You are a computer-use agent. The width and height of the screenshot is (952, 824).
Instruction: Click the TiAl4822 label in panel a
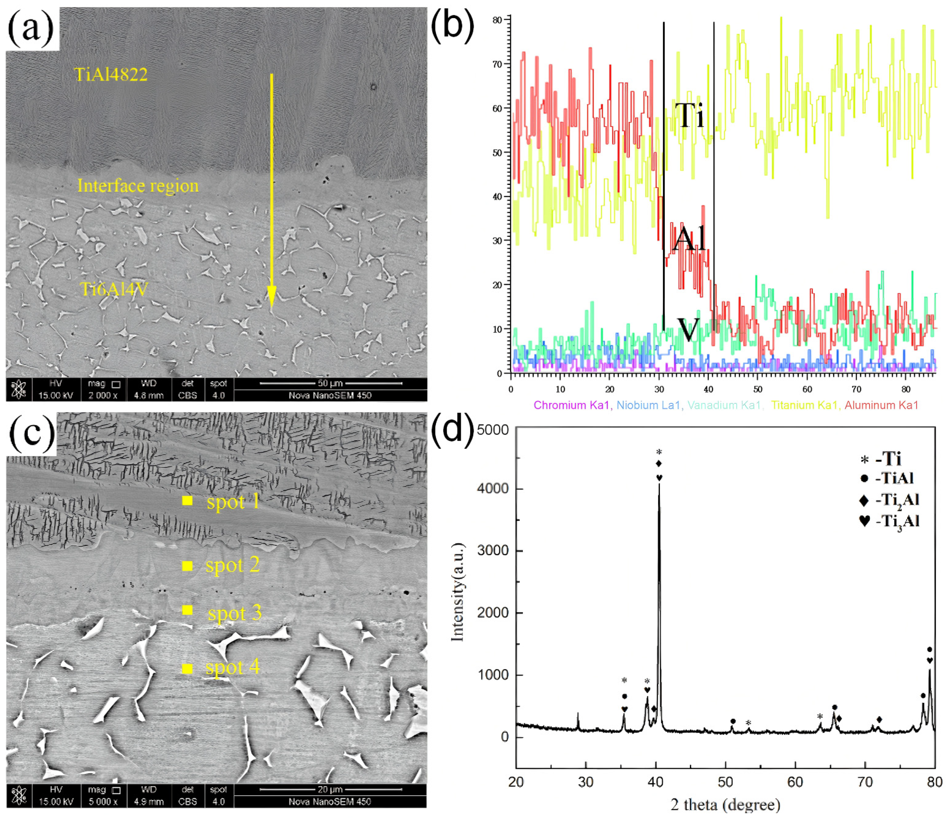(111, 74)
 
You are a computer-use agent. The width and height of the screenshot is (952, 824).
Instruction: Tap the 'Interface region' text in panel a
(138, 185)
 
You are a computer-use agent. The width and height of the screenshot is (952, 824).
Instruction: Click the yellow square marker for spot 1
(187, 501)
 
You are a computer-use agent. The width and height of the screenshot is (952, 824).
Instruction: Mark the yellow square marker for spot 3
(187, 610)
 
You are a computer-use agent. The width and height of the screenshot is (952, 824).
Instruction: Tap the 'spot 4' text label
(232, 667)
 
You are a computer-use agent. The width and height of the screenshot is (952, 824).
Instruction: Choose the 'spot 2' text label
(232, 565)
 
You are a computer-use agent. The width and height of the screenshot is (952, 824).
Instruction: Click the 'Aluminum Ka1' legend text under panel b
(881, 405)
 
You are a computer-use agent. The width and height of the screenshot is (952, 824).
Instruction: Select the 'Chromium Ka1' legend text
(572, 405)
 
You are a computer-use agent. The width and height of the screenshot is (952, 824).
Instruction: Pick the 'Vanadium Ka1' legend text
(724, 405)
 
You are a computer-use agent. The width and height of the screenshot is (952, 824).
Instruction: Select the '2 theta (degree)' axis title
(726, 805)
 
